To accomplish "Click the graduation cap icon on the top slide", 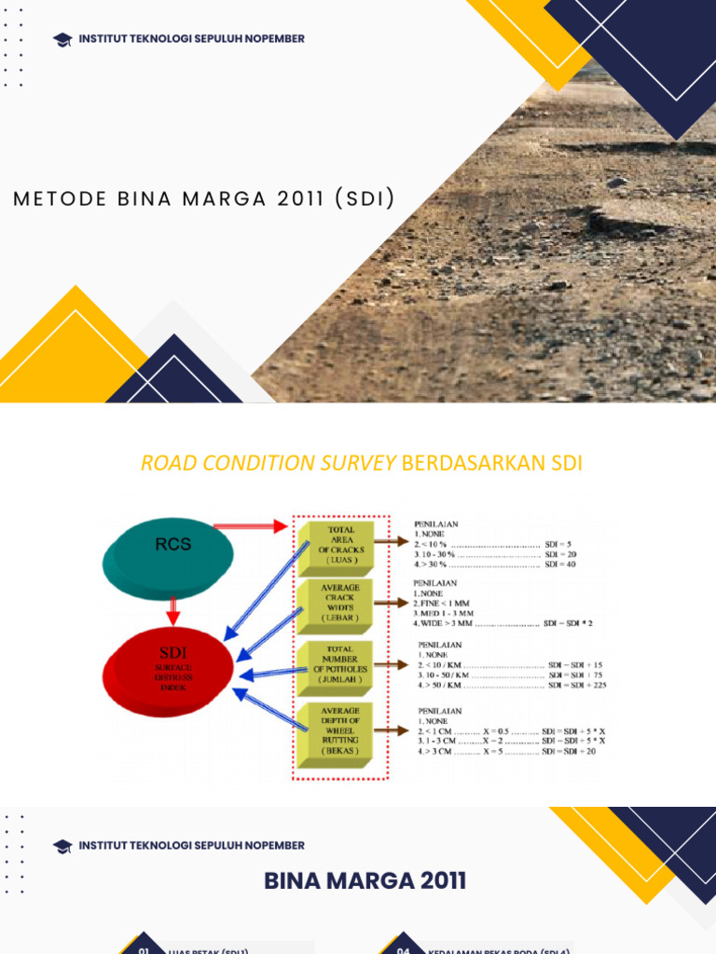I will pos(62,39).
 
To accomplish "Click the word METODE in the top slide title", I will pos(56,199).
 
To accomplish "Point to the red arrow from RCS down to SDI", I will pos(172,609).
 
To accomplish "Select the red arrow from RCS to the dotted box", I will pos(250,526).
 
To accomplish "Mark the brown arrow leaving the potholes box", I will pos(393,664).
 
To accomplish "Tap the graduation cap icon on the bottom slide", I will pos(62,846).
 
